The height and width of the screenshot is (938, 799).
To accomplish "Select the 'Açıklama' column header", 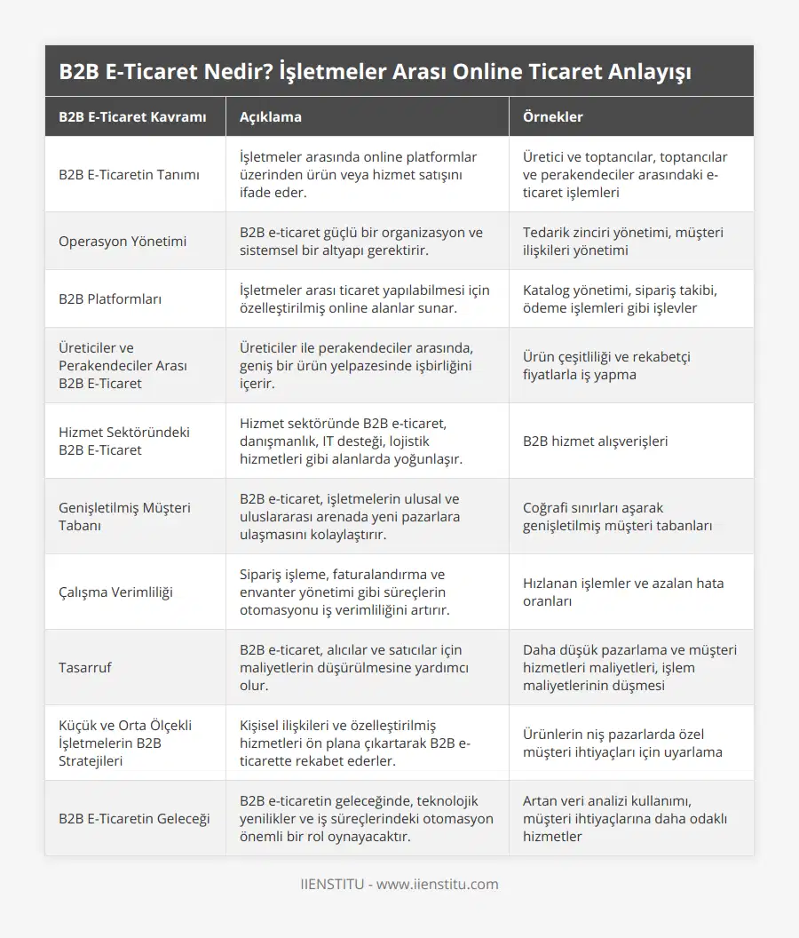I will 271,116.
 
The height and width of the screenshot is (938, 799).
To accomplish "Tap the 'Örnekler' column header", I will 553,116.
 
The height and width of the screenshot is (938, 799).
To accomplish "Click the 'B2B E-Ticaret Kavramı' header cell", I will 132,116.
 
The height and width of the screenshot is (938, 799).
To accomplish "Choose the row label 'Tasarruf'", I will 85,667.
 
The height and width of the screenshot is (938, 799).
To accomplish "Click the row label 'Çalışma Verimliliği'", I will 116,592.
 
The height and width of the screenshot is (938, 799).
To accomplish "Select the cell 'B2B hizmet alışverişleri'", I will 596,441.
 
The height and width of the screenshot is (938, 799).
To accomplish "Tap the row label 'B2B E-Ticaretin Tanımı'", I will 129,174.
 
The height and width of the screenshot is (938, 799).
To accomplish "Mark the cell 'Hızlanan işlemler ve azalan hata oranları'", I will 623,592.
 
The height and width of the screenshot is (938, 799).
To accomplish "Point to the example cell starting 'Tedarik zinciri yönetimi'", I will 622,241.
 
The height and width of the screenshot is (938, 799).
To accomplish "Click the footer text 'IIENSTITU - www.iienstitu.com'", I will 399,884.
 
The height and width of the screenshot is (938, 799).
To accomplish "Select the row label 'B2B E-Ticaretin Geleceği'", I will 134,818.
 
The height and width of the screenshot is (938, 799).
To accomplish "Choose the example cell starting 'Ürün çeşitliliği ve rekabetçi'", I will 606,365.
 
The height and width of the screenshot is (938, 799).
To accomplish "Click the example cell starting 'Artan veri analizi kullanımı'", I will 625,818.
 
